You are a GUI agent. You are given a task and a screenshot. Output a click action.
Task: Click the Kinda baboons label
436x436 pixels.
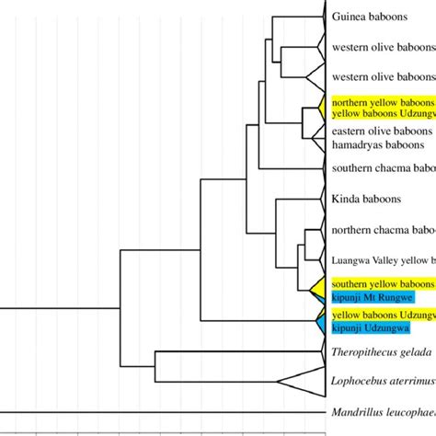click(x=362, y=199)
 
